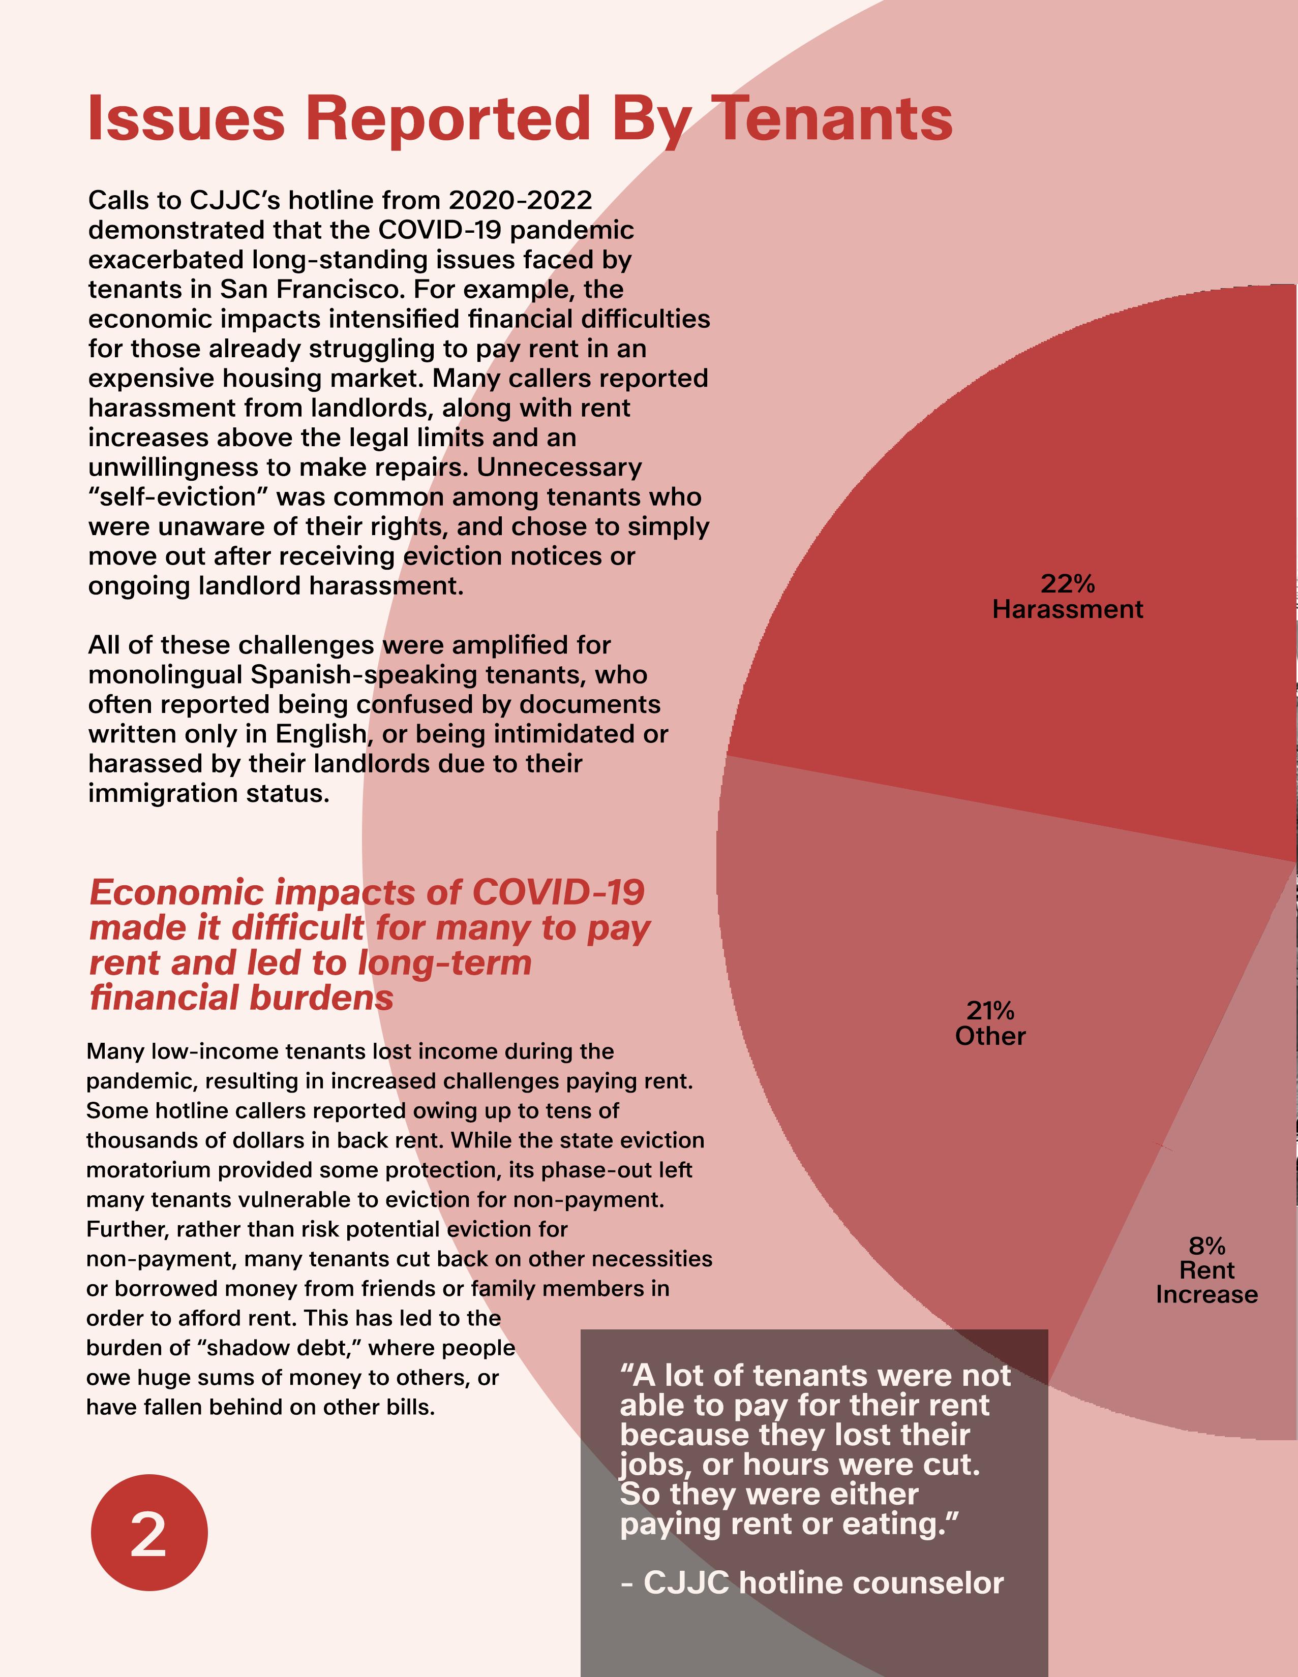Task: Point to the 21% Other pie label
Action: click(x=990, y=1023)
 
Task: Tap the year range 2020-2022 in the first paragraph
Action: click(x=520, y=200)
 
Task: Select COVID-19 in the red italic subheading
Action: click(x=558, y=892)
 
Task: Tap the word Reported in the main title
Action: click(x=448, y=118)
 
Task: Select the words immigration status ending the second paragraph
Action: click(x=209, y=793)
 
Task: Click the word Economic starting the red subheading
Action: click(x=177, y=892)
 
